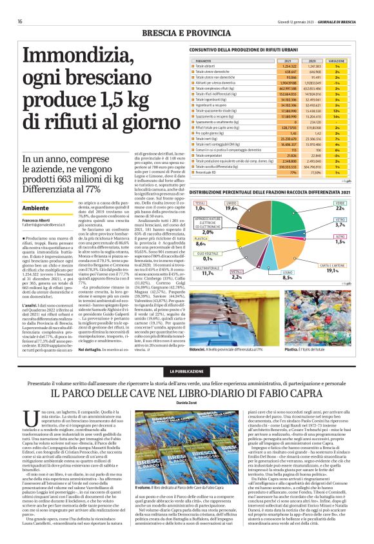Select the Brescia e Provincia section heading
[187, 32]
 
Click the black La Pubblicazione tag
[187, 372]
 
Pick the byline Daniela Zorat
[187, 401]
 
